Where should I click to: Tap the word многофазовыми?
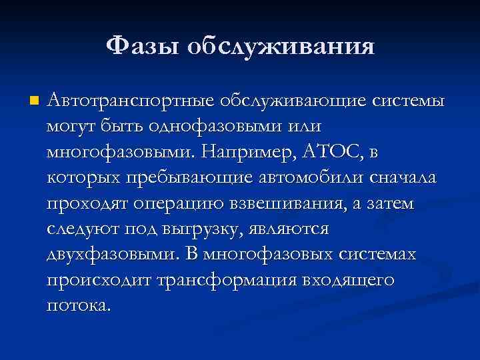(x=118, y=152)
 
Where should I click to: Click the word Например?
(x=245, y=152)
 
